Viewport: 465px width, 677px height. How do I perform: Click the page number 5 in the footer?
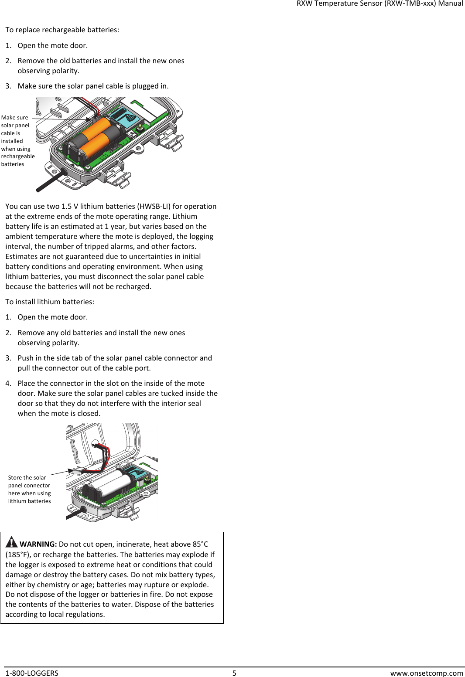234,673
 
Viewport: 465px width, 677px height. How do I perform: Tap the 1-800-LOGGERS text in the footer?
32,673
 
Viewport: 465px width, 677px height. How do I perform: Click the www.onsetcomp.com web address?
426,673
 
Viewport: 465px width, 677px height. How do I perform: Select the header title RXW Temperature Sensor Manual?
380,3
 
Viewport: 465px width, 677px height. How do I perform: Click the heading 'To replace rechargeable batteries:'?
62,30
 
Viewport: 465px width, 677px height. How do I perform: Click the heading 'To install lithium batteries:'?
50,302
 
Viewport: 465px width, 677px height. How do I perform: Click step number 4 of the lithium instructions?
8,383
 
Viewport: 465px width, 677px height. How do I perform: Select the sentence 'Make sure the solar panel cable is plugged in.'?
93,86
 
